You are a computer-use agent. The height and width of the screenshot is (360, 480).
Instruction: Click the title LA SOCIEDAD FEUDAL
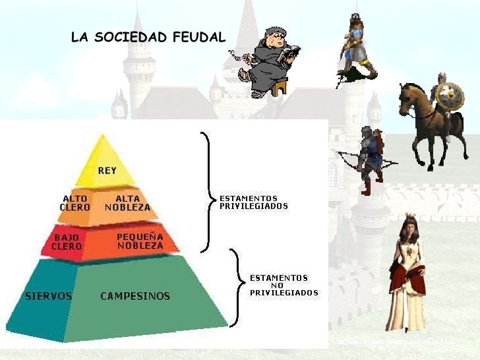(x=148, y=38)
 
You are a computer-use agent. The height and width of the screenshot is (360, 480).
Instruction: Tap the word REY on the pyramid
(x=107, y=171)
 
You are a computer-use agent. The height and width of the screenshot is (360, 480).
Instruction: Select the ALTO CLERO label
(x=75, y=202)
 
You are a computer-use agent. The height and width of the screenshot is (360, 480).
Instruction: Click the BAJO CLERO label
(x=67, y=241)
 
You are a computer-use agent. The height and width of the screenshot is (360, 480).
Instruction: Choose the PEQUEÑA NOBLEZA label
(x=140, y=241)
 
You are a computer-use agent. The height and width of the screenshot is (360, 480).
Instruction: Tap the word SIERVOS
(x=48, y=296)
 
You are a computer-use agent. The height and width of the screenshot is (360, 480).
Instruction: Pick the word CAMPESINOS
(x=135, y=296)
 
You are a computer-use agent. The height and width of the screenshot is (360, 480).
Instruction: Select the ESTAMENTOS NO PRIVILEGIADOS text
(x=284, y=285)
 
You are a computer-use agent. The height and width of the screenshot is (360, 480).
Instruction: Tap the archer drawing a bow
(x=369, y=158)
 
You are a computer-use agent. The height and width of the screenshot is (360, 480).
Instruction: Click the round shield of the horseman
(x=450, y=98)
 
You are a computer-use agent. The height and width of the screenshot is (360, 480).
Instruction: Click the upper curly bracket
(x=207, y=191)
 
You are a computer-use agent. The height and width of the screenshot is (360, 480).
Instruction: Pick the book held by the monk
(x=289, y=55)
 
